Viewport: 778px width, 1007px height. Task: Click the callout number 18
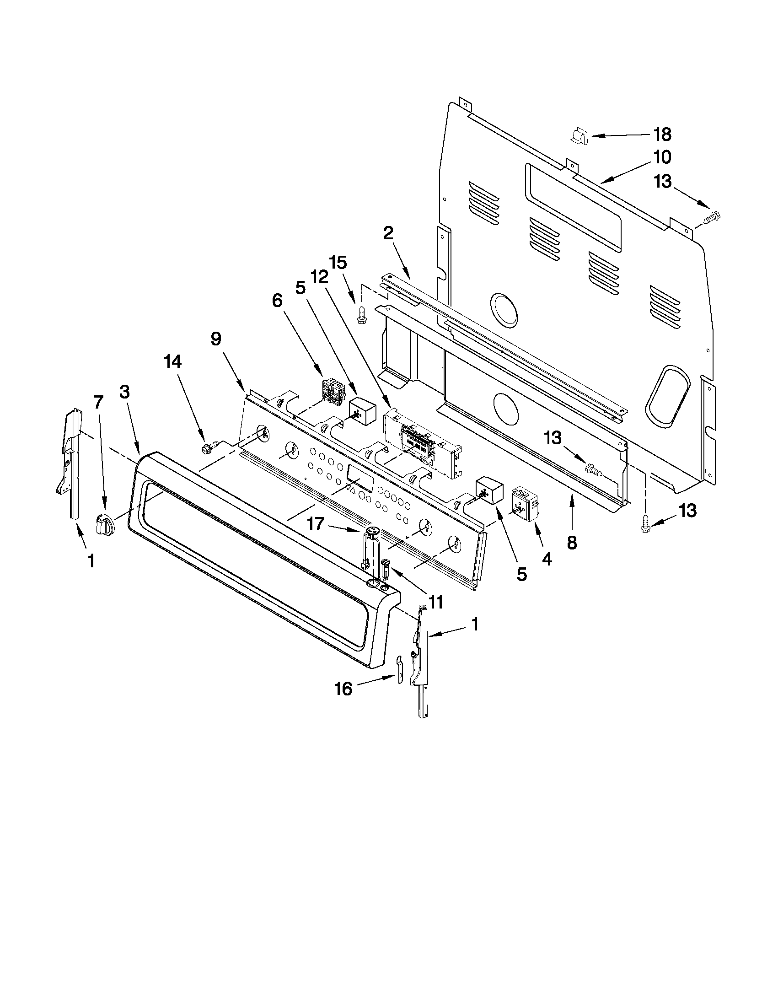click(x=662, y=135)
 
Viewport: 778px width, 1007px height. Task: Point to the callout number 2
click(x=388, y=233)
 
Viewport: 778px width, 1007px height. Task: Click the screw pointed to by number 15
click(x=362, y=315)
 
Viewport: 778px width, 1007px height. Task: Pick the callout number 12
click(x=320, y=277)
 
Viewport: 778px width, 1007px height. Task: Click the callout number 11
click(x=435, y=602)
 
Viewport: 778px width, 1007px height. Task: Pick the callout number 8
click(x=572, y=543)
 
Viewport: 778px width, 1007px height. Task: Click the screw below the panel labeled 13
click(x=645, y=526)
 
